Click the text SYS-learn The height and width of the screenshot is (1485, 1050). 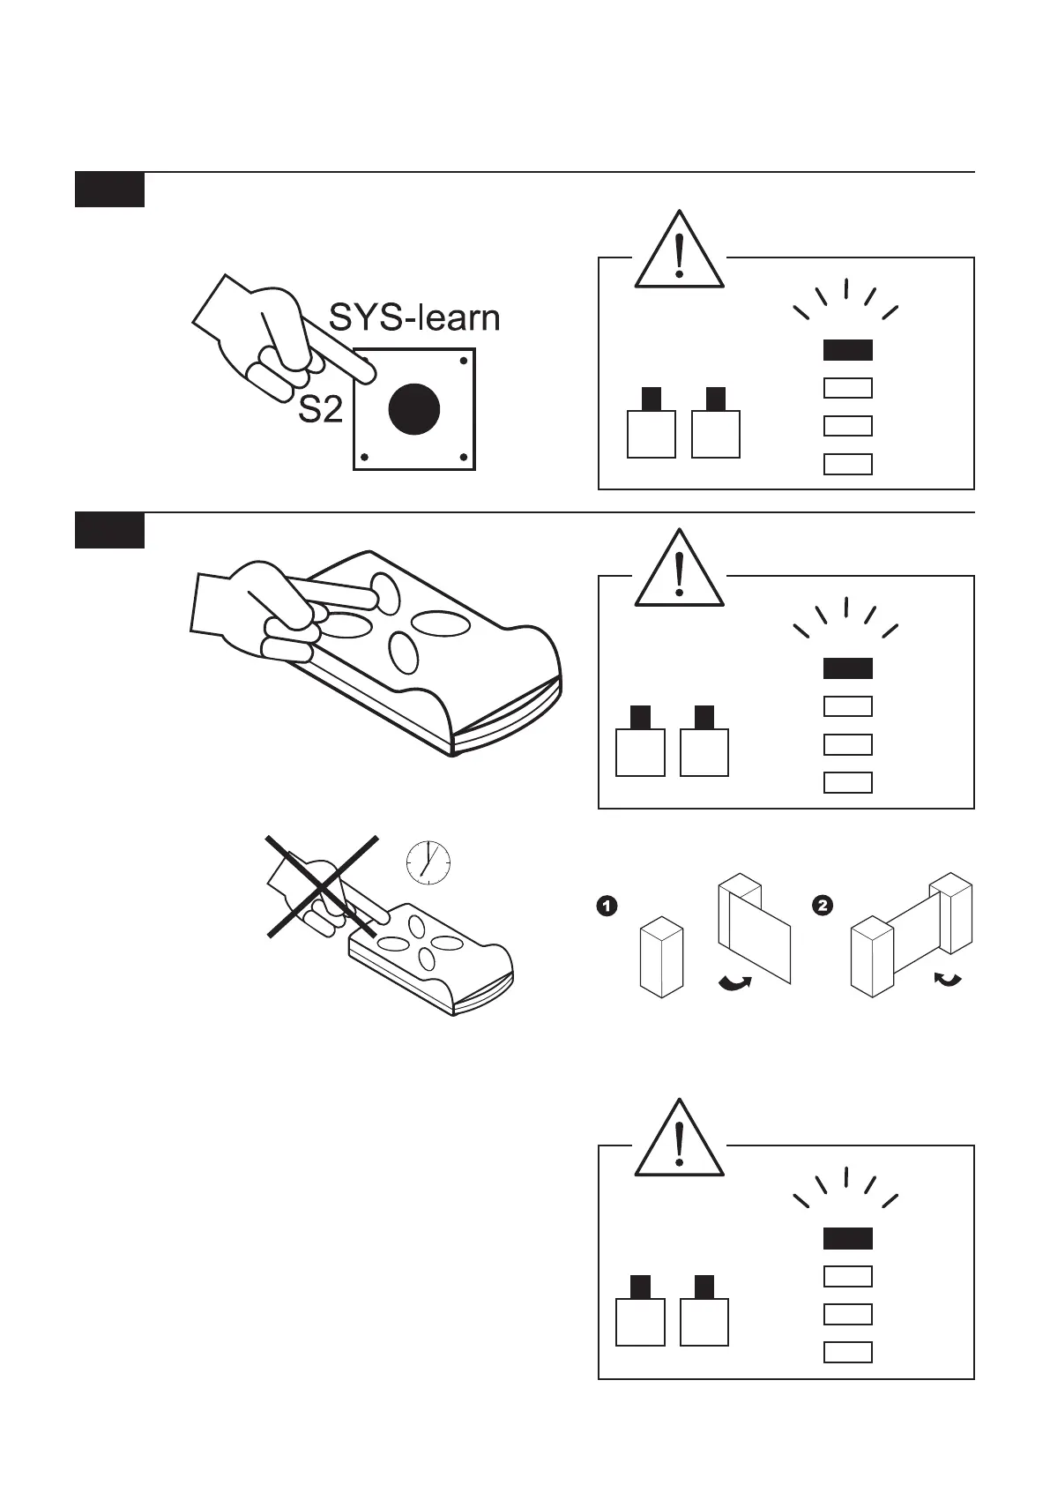(x=413, y=318)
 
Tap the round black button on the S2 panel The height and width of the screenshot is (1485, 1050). (x=413, y=409)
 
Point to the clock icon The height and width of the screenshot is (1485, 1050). (x=428, y=862)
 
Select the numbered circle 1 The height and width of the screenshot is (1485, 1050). (x=607, y=906)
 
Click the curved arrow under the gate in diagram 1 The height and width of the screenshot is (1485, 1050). (x=735, y=983)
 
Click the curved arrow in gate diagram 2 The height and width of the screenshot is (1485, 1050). (x=949, y=980)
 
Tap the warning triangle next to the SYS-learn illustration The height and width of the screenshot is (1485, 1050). (x=679, y=252)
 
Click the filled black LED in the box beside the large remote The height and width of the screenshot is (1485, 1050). (x=847, y=668)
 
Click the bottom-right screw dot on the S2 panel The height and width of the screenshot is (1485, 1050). (x=464, y=458)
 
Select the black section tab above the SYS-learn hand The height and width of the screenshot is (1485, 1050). (x=109, y=190)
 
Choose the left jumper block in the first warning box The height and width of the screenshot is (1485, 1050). (x=651, y=426)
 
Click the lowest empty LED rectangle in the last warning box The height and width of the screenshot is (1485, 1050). (x=847, y=1352)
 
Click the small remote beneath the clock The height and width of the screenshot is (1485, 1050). (x=432, y=961)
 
